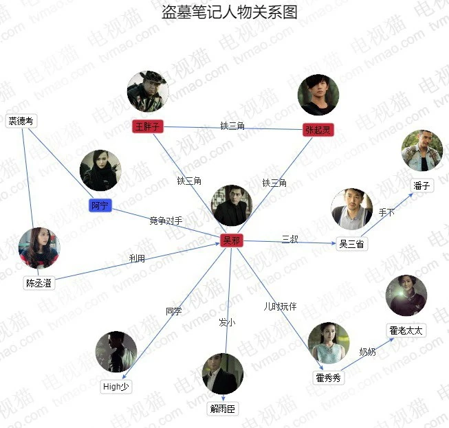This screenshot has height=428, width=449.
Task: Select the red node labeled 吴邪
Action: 231,240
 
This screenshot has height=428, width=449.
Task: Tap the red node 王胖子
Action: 147,126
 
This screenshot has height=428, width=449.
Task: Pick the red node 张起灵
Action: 318,130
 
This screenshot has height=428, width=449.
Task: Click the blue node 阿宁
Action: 100,205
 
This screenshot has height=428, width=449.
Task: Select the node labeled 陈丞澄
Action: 39,282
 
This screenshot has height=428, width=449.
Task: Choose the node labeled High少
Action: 116,386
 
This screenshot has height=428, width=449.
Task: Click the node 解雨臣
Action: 223,409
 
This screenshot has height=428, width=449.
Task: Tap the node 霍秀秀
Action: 328,378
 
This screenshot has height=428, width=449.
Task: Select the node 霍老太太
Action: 406,330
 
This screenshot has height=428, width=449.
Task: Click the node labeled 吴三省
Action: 351,244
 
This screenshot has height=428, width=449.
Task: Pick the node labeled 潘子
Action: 422,185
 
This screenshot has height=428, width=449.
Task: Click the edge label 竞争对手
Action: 166,221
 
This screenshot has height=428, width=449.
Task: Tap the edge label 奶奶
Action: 367,352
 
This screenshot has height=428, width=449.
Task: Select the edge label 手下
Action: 386,213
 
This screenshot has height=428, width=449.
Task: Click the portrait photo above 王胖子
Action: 148,91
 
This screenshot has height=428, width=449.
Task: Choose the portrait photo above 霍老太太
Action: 406,296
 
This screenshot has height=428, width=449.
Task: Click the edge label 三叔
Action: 289,239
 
